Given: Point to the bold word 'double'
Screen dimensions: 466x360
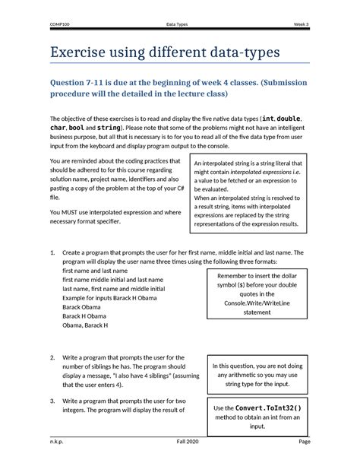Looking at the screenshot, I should pos(290,119).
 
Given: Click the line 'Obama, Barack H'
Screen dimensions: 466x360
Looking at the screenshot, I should pos(85,325).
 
